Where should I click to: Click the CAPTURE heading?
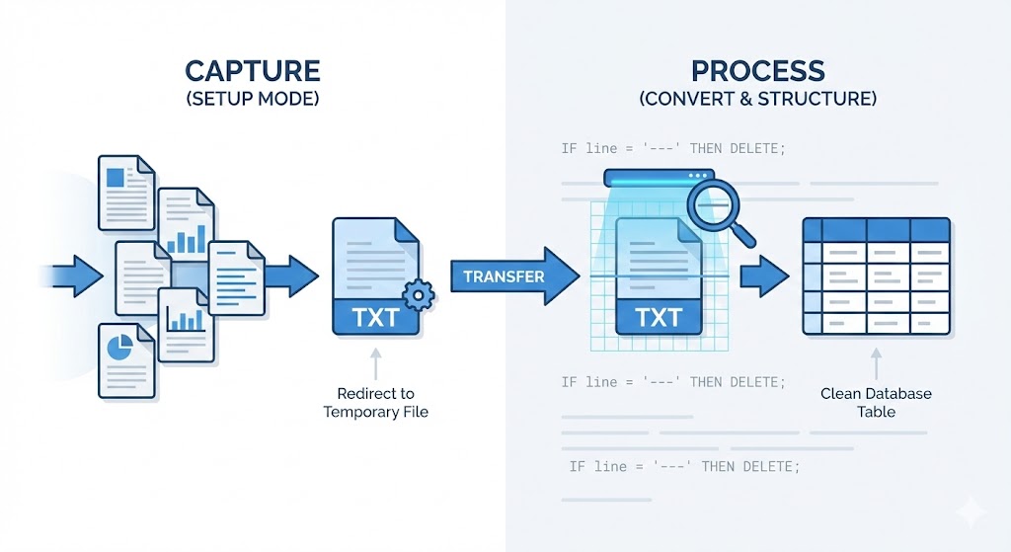click(x=252, y=71)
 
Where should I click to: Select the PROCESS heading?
click(x=758, y=71)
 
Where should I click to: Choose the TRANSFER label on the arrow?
click(x=504, y=276)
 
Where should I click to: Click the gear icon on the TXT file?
click(x=420, y=292)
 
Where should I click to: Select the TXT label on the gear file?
click(x=376, y=318)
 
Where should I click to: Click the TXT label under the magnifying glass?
click(x=659, y=318)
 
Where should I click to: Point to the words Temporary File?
click(x=375, y=411)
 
